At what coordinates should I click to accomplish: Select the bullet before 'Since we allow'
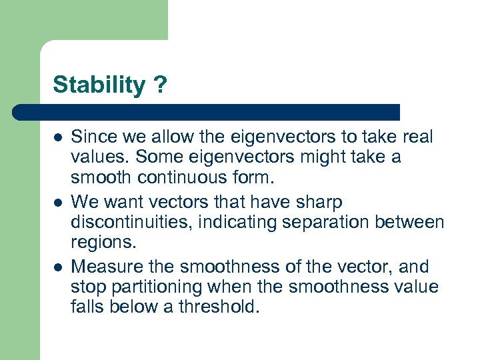pos(58,138)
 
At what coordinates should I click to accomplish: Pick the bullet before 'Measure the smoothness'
pos(58,267)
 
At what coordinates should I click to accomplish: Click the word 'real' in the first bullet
pos(417,137)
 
